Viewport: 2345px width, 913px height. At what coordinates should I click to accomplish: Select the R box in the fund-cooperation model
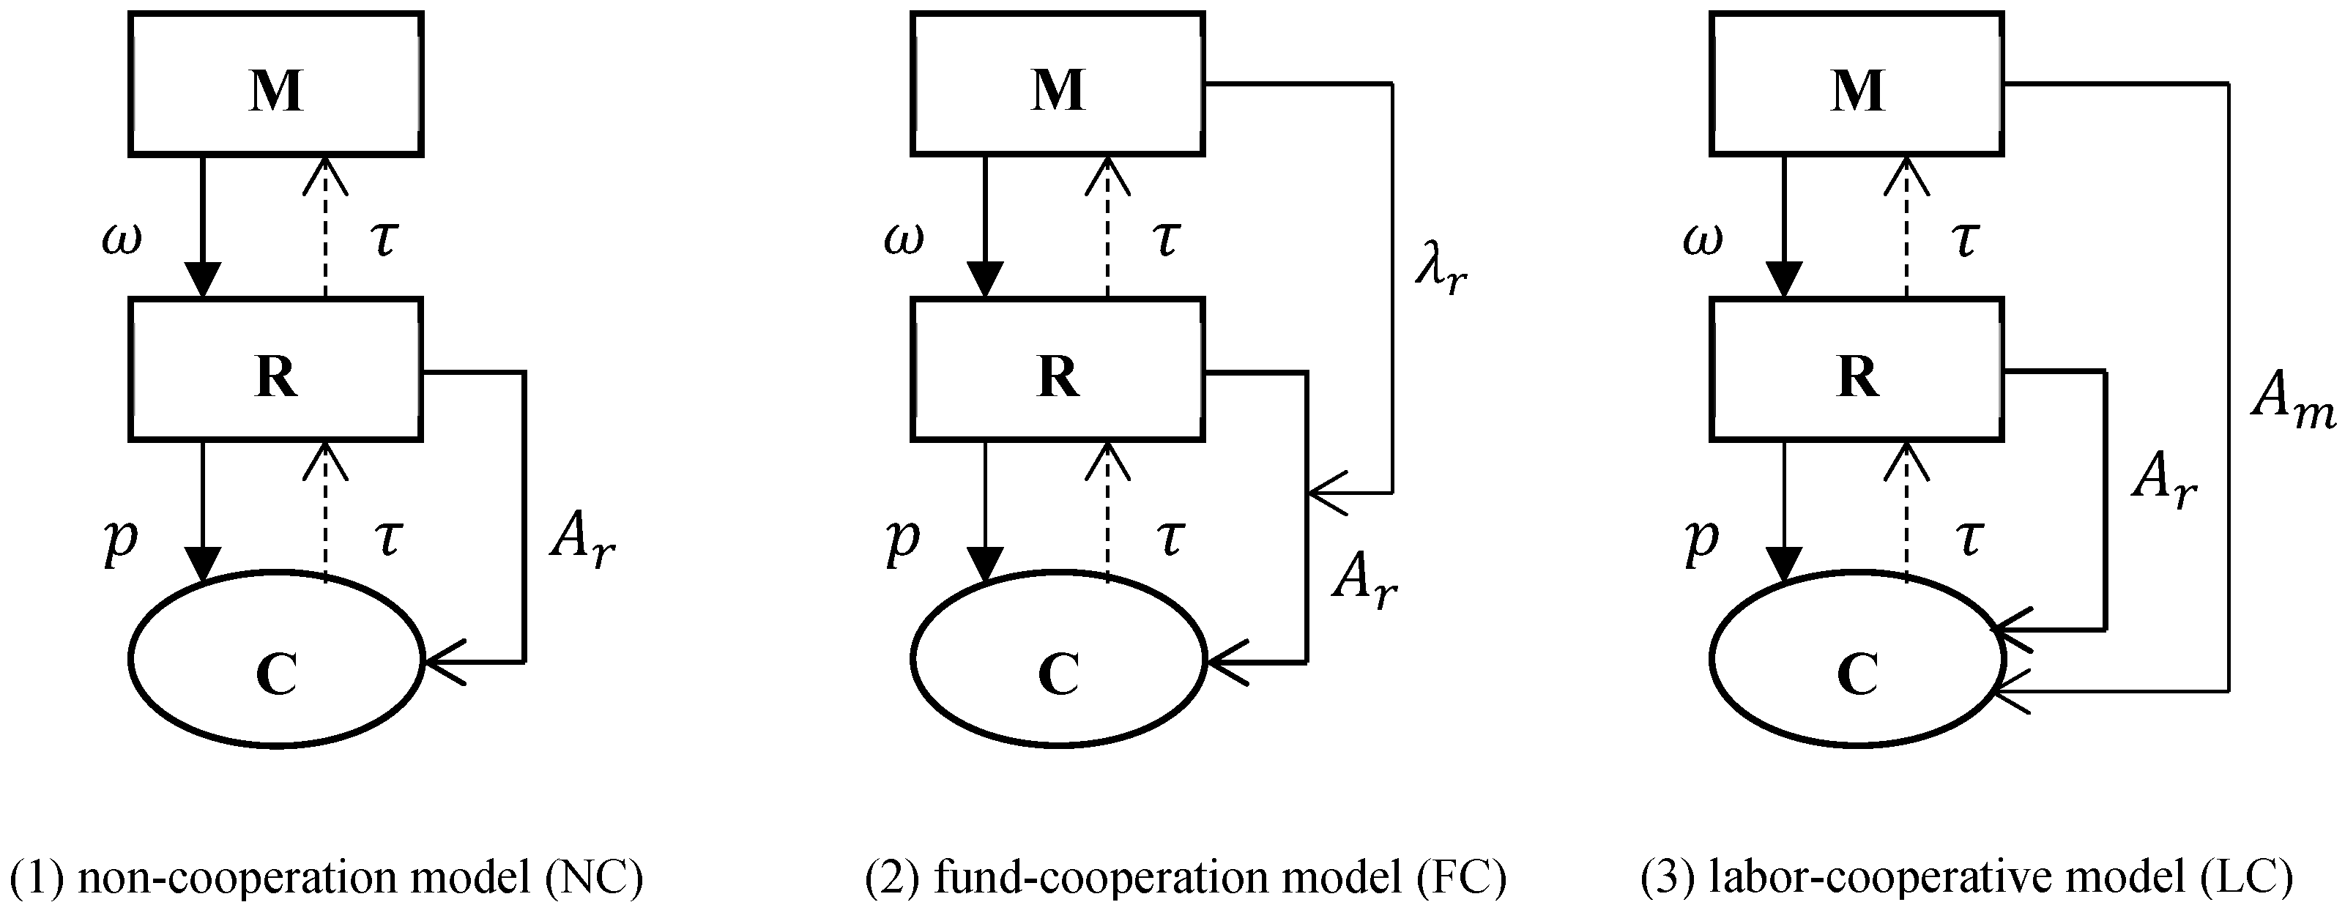tap(1058, 370)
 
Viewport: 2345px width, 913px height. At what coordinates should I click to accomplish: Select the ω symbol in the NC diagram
tap(121, 240)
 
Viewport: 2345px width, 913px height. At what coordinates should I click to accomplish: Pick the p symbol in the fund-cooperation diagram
tap(902, 539)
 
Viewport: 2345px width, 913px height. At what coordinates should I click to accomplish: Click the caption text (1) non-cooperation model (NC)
tap(326, 879)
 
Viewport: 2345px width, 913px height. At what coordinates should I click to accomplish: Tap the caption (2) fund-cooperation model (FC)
tap(1185, 879)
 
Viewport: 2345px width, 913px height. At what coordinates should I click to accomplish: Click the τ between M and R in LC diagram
tap(1964, 240)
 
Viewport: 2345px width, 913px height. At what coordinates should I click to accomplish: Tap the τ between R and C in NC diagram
tap(387, 539)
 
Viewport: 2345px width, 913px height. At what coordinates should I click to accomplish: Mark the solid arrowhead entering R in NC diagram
tap(202, 277)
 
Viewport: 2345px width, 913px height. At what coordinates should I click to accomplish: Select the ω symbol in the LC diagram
tap(1702, 240)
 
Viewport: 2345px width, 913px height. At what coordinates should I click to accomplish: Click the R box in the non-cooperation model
tap(276, 370)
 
